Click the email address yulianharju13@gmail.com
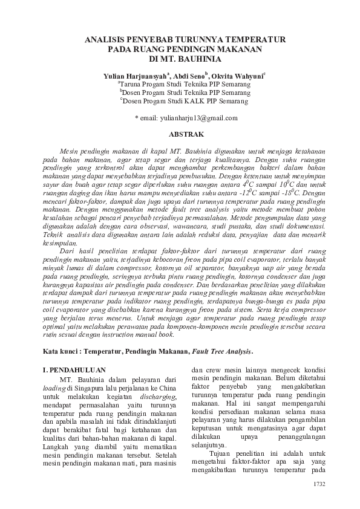tap(190, 118)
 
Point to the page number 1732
tap(318, 484)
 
